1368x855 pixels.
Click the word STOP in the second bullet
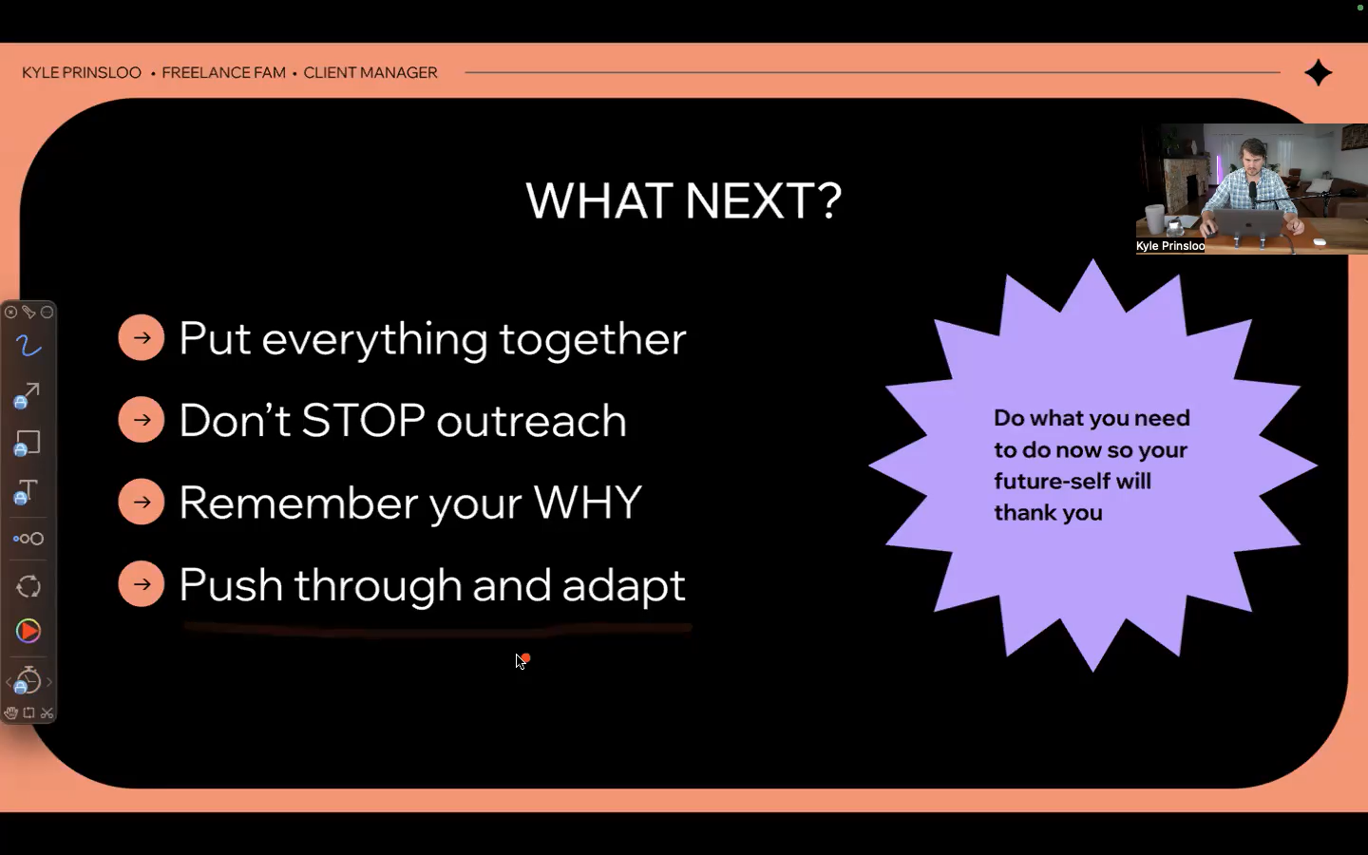[363, 420]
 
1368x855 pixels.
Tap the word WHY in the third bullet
[587, 502]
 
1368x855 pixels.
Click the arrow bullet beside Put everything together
[141, 337]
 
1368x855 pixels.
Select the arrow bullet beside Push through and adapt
[141, 584]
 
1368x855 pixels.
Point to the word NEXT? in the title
[764, 200]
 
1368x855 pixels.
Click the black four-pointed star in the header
[1318, 72]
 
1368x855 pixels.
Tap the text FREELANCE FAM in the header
[223, 72]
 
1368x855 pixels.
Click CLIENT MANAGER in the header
[370, 72]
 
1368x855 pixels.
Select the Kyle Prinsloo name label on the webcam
[1170, 245]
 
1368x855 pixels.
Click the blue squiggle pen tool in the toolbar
[28, 346]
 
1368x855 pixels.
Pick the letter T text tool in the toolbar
[27, 491]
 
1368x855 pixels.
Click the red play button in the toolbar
[28, 631]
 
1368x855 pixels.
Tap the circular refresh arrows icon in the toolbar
[28, 586]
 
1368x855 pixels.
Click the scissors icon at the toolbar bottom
[47, 712]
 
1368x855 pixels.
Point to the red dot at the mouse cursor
[526, 657]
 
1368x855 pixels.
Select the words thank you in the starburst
[1048, 513]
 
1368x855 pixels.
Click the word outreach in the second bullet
[531, 422]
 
